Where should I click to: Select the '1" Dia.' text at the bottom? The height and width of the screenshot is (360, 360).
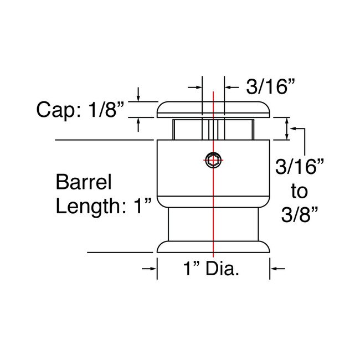coord(214,271)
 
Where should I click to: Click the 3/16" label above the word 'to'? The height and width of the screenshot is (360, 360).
coord(299,167)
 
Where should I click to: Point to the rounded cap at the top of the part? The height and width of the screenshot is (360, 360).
coord(214,110)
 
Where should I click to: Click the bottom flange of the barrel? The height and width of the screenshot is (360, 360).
coord(214,247)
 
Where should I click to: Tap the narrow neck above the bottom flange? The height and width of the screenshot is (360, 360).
coord(214,224)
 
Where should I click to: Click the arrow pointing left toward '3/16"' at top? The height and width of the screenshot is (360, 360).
coord(228,87)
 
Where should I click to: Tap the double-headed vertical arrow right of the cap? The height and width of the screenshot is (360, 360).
coord(286,128)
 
